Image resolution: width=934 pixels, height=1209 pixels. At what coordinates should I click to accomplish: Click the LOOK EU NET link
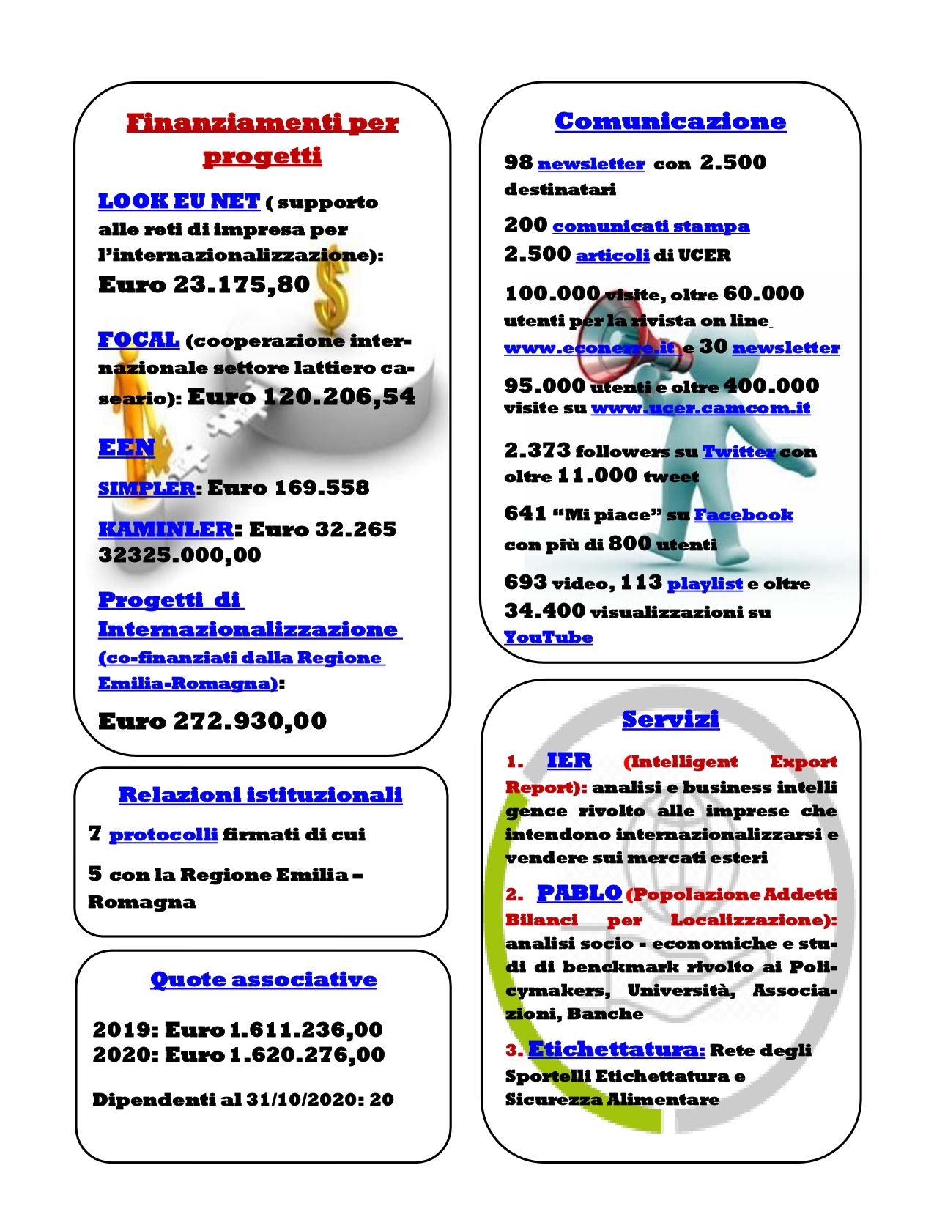click(179, 201)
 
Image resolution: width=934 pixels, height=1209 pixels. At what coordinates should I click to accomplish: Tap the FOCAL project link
click(138, 340)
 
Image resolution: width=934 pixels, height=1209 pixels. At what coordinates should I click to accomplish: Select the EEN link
click(126, 447)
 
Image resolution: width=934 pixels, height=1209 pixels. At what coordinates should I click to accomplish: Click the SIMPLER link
click(147, 488)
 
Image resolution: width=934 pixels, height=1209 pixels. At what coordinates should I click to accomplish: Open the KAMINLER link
click(166, 529)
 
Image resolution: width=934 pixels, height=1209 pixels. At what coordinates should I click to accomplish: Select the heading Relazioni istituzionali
click(260, 794)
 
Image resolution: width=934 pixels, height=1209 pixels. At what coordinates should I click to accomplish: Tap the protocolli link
click(163, 835)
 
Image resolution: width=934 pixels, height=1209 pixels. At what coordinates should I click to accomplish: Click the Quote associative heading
click(263, 980)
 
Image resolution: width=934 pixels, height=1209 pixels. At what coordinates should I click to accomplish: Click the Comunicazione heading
click(670, 121)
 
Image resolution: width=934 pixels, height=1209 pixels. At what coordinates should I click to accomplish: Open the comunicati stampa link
click(651, 226)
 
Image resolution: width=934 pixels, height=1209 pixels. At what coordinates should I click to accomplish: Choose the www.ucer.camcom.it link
click(700, 408)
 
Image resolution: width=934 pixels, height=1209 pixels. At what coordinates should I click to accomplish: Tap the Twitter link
click(738, 452)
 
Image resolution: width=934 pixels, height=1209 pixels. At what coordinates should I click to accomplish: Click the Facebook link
click(743, 515)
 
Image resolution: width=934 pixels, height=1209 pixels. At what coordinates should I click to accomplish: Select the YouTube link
click(548, 637)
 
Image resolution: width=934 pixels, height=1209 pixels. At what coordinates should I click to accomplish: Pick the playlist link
click(705, 584)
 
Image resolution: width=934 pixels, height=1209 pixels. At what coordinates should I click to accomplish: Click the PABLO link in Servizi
click(579, 893)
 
